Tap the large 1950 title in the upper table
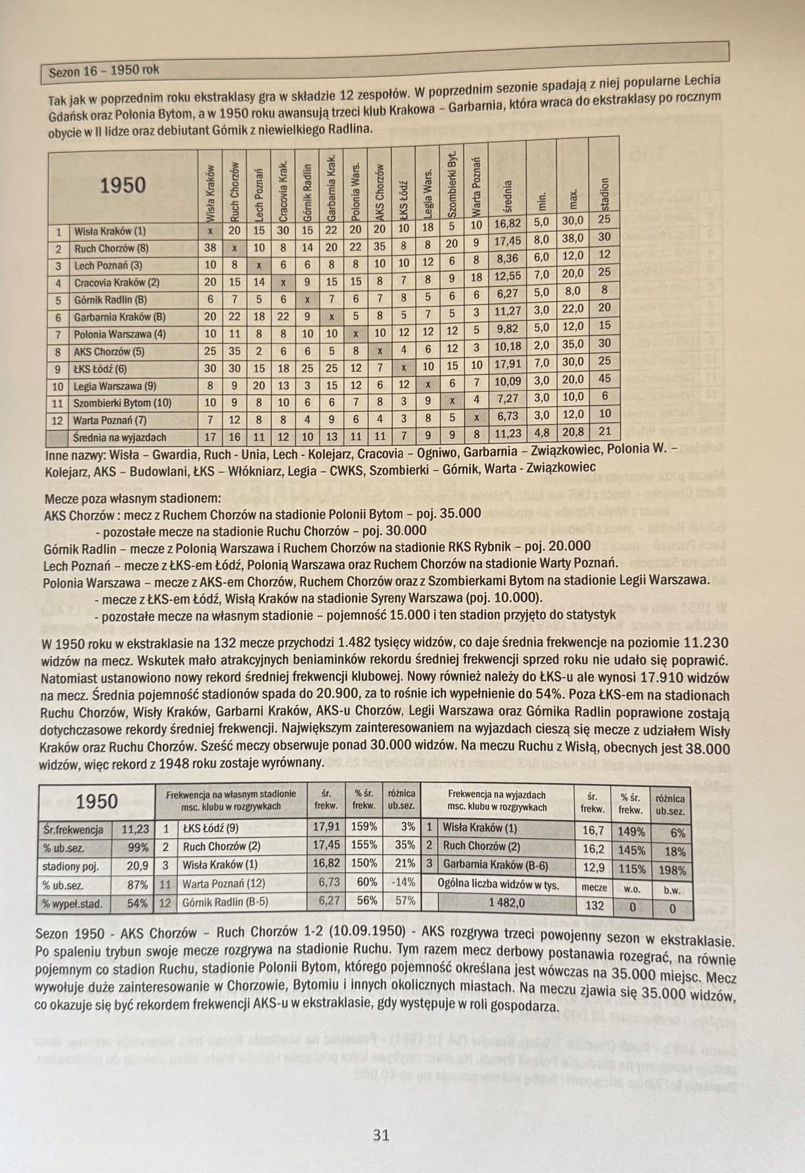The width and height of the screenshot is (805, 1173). pyautogui.click(x=123, y=185)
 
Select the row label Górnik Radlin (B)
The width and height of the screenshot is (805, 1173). pyautogui.click(x=111, y=300)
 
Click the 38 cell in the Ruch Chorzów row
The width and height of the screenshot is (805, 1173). pyautogui.click(x=210, y=249)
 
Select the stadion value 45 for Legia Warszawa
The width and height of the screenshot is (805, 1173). pyautogui.click(x=604, y=379)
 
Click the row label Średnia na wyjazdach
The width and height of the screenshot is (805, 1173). pyautogui.click(x=120, y=437)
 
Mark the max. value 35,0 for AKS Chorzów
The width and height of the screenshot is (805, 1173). pyautogui.click(x=572, y=345)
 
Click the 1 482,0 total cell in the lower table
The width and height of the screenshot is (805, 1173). pyautogui.click(x=506, y=903)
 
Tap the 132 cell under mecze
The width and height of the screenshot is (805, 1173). pyautogui.click(x=594, y=905)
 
